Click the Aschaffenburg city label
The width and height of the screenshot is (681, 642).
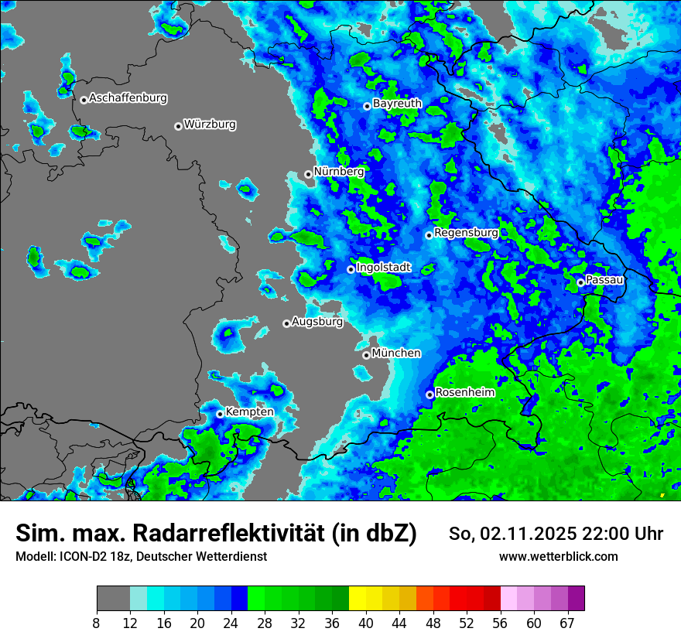point(128,98)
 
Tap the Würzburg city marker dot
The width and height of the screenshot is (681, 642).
point(178,126)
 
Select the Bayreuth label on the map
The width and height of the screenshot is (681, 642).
point(397,103)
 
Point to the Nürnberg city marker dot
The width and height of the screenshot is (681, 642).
point(308,174)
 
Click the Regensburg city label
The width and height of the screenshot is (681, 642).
point(466,232)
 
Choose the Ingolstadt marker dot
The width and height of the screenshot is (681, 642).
point(351,269)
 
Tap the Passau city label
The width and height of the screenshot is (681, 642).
point(604,279)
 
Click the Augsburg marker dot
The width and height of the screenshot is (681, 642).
point(286,323)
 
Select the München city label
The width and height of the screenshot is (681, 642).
point(396,353)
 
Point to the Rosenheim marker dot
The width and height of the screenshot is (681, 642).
point(429,394)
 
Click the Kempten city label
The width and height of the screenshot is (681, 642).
point(249,411)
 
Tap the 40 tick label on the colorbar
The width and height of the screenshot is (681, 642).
point(366,623)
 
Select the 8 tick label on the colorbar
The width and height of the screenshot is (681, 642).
point(97,623)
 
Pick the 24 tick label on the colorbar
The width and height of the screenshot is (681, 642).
point(231,623)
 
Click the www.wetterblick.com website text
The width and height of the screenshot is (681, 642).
point(558,556)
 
